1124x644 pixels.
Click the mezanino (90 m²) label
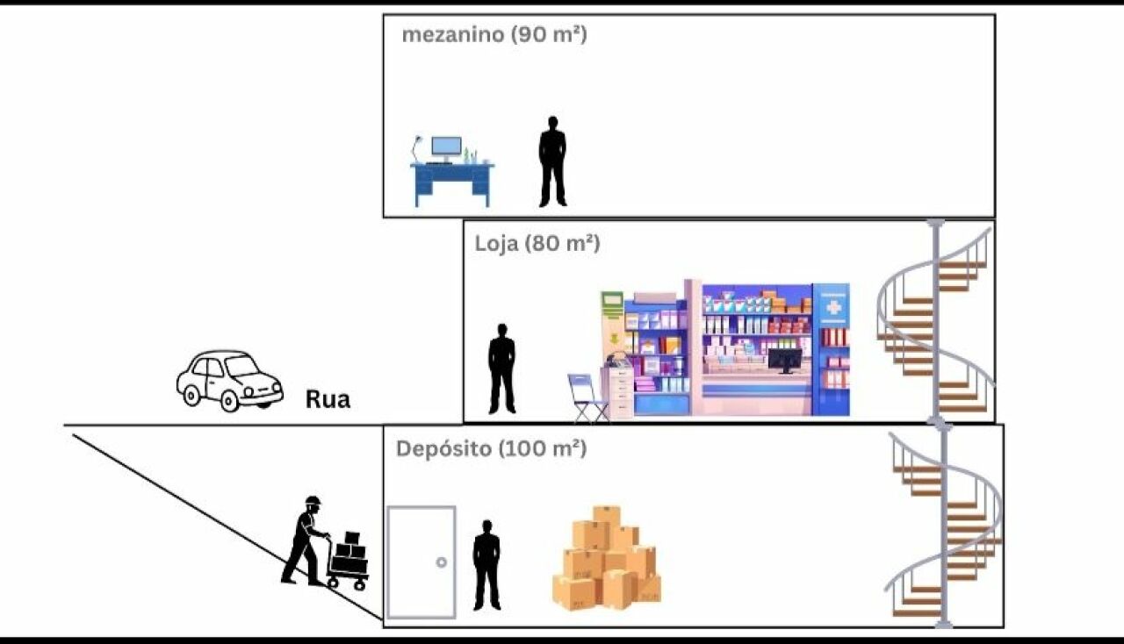pyautogui.click(x=494, y=35)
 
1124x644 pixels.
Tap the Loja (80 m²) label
pyautogui.click(x=537, y=243)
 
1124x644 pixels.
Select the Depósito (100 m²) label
pyautogui.click(x=490, y=448)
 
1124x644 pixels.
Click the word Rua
pyautogui.click(x=328, y=400)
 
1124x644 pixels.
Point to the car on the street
pyautogui.click(x=229, y=380)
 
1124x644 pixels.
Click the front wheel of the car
pyautogui.click(x=229, y=401)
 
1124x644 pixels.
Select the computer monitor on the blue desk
pyautogui.click(x=446, y=147)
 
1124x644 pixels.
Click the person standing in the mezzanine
pyautogui.click(x=552, y=161)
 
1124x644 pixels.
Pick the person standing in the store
pyautogui.click(x=501, y=369)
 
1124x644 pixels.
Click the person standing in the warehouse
pyautogui.click(x=486, y=564)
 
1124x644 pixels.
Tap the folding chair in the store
pyautogui.click(x=586, y=397)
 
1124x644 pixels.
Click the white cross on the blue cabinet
pyautogui.click(x=832, y=307)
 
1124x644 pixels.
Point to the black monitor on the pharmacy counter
pyautogui.click(x=784, y=359)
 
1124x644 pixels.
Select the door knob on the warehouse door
pyautogui.click(x=441, y=562)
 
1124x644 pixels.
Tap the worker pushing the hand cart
pyautogui.click(x=304, y=540)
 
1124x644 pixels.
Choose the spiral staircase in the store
pyautogui.click(x=937, y=320)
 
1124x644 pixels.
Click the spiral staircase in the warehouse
pyautogui.click(x=943, y=526)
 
